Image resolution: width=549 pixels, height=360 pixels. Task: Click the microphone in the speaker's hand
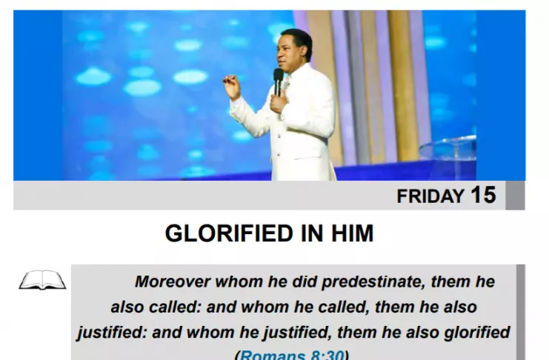pyautogui.click(x=279, y=81)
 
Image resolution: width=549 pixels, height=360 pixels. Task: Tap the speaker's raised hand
pyautogui.click(x=232, y=87)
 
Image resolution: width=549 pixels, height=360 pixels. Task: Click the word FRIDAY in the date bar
pyautogui.click(x=430, y=196)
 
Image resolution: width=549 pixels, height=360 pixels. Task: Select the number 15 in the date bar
pyautogui.click(x=483, y=195)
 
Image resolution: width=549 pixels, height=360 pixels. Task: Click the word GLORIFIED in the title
pyautogui.click(x=229, y=233)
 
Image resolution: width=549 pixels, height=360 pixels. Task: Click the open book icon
pyautogui.click(x=42, y=279)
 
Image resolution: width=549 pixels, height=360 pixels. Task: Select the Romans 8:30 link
pyautogui.click(x=292, y=355)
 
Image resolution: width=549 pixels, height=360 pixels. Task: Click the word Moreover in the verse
pyautogui.click(x=173, y=281)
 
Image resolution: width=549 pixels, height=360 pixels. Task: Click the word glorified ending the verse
pyautogui.click(x=477, y=333)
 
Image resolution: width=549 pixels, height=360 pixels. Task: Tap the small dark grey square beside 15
pyautogui.click(x=515, y=196)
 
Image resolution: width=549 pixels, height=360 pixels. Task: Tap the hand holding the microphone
pyautogui.click(x=278, y=103)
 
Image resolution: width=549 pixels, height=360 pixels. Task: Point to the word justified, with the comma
pyautogui.click(x=297, y=333)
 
